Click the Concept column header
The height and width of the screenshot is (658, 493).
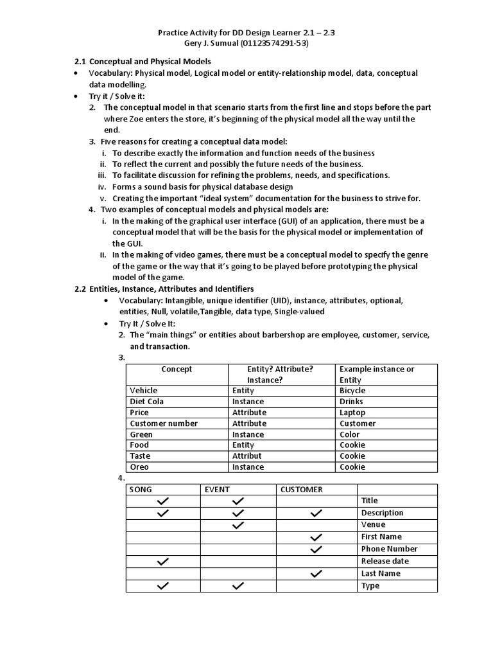tap(177, 369)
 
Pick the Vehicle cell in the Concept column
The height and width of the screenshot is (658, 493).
tap(143, 391)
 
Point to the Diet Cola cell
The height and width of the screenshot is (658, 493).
tap(146, 402)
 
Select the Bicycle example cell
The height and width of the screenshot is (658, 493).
tap(352, 391)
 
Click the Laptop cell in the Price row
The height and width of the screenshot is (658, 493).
tap(352, 413)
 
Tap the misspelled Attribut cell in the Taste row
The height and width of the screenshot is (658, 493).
tap(247, 456)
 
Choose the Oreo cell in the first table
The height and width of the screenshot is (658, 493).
tap(139, 467)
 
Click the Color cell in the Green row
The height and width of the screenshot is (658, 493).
tap(350, 434)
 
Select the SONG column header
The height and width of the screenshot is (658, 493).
tap(141, 490)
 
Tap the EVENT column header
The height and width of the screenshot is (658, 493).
tap(217, 490)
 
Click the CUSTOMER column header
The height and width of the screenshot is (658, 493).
tap(301, 490)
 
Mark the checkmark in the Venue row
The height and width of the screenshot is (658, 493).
tap(238, 525)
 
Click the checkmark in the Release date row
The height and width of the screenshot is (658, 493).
tap(163, 562)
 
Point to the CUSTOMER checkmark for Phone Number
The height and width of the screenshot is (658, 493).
tap(315, 549)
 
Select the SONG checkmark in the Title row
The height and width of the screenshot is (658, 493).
tap(163, 501)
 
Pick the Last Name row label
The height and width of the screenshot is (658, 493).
tap(381, 574)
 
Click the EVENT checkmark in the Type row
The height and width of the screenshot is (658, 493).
tap(238, 586)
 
